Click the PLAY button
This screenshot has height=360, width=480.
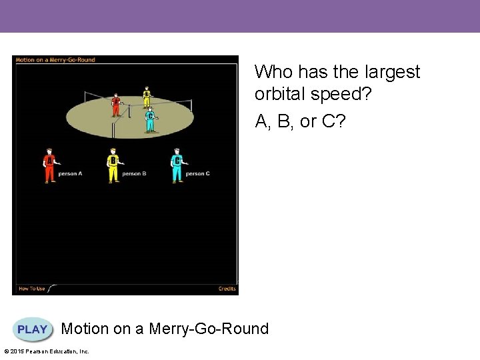coord(33,329)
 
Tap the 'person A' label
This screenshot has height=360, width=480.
coord(70,174)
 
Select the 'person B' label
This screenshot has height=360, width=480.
coord(134,174)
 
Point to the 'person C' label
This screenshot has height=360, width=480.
coord(198,174)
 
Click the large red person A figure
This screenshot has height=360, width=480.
coord(49,165)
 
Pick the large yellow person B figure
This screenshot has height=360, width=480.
coord(113,165)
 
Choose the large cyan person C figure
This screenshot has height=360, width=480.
coord(177,165)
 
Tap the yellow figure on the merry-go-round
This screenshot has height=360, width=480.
coord(147,97)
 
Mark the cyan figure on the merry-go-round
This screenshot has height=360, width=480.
coord(151,119)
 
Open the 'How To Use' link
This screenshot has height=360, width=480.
coord(31,289)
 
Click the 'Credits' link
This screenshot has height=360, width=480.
coord(227,289)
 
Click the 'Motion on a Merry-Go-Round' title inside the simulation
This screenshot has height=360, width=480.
coord(55,60)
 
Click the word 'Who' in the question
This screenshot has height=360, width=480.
coord(269,72)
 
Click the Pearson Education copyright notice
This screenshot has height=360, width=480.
coord(47,351)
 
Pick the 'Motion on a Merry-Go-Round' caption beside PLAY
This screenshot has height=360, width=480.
coord(165,329)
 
